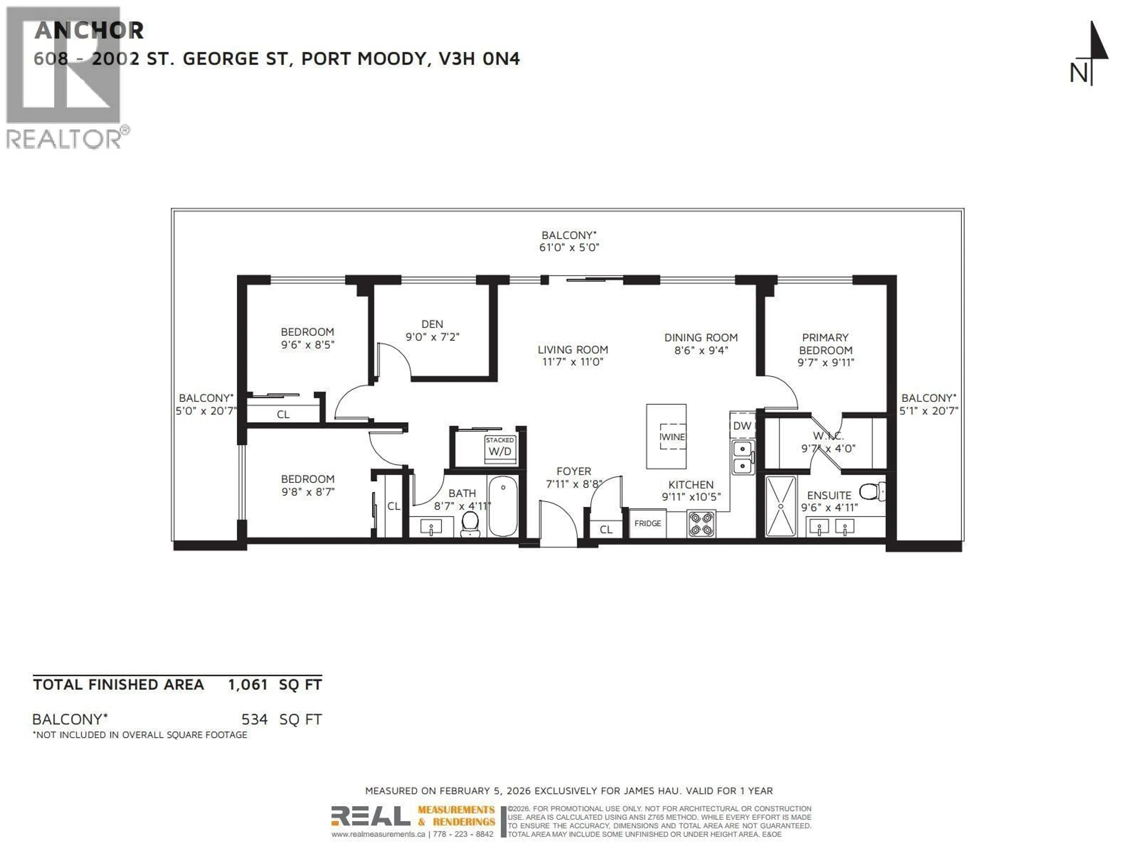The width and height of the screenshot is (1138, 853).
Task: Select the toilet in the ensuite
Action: click(x=872, y=491)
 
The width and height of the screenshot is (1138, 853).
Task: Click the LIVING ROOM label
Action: click(x=573, y=349)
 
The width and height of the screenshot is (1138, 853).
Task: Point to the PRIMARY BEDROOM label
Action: click(x=825, y=344)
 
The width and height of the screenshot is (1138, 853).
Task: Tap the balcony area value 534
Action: click(x=254, y=719)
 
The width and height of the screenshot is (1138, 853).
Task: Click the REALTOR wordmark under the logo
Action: click(x=64, y=139)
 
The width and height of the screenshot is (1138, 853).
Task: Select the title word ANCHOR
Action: click(x=89, y=31)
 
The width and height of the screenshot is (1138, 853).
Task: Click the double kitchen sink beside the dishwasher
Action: click(x=742, y=457)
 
